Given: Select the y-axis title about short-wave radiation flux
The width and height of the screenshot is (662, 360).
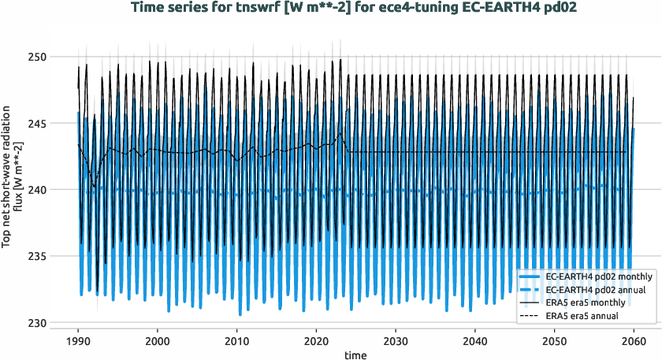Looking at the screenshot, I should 13,190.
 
